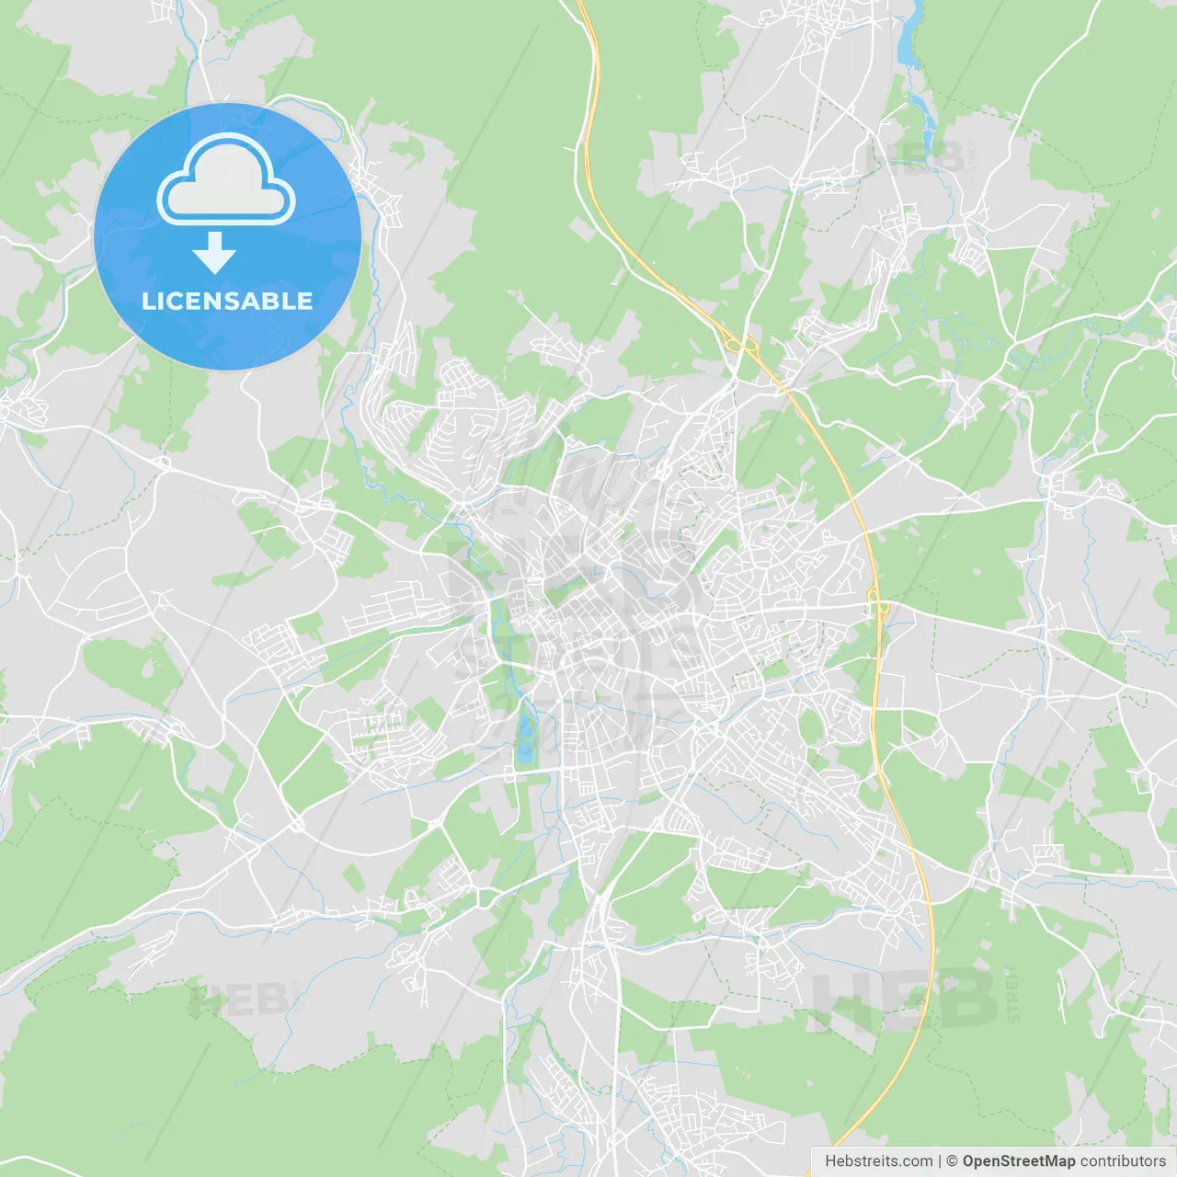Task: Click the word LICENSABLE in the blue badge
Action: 227,301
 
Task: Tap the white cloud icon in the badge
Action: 226,182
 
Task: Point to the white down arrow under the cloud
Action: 214,253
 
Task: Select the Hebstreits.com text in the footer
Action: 878,1161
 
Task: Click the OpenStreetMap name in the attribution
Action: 1018,1161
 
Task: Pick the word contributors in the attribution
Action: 1123,1161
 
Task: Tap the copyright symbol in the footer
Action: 952,1161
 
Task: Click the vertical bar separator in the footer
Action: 940,1161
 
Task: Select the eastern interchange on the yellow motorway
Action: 878,608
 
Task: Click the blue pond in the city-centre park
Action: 524,736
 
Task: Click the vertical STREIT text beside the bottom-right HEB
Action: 1012,994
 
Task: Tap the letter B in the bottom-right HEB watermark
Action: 966,999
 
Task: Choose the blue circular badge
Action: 227,236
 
